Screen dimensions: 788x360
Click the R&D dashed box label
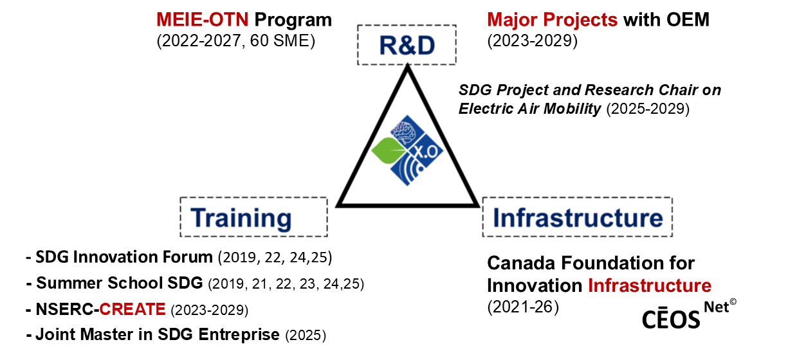click(x=407, y=46)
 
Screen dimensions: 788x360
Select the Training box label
click(x=241, y=218)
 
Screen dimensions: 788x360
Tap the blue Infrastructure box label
click(x=578, y=218)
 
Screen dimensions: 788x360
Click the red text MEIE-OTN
click(x=202, y=19)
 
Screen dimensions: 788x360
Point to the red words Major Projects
click(x=553, y=20)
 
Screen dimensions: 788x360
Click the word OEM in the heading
click(x=688, y=19)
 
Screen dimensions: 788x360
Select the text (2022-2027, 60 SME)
click(x=235, y=41)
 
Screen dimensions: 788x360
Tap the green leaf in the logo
click(x=388, y=150)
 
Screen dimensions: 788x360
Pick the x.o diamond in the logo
click(x=426, y=151)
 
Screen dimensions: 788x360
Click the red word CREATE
click(x=133, y=309)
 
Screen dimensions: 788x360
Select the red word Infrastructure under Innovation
click(x=650, y=285)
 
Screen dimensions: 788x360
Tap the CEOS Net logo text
click(x=689, y=314)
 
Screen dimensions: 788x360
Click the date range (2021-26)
click(x=523, y=307)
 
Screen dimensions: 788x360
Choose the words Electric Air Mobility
click(x=530, y=109)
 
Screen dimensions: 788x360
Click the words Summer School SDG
click(x=120, y=283)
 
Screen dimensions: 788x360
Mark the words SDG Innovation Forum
click(x=124, y=257)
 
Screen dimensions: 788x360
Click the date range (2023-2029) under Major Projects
click(x=533, y=41)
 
